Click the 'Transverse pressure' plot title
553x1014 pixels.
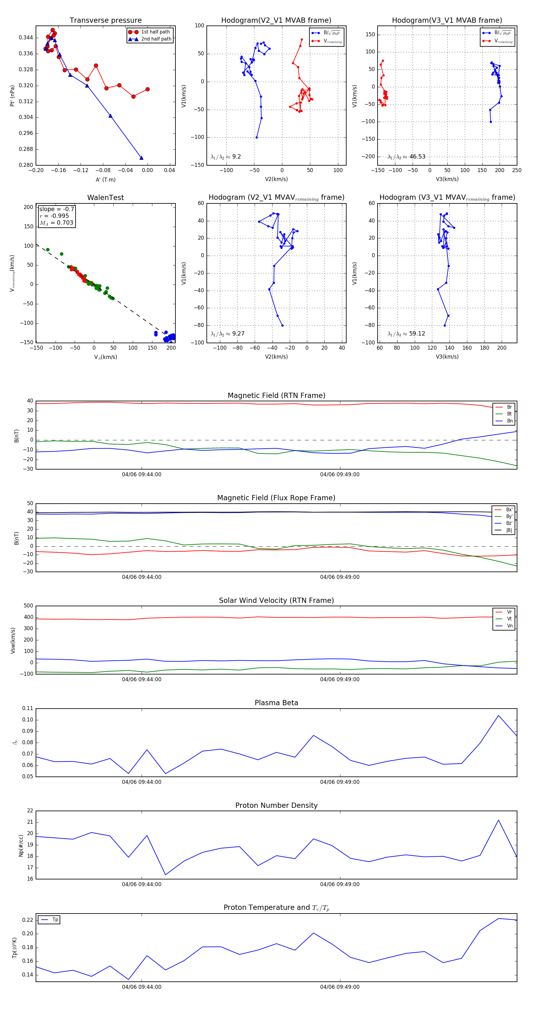click(x=105, y=21)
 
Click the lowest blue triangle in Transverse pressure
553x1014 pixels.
click(x=141, y=158)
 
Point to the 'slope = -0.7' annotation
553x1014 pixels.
click(x=56, y=209)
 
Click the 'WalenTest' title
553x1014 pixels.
click(x=105, y=198)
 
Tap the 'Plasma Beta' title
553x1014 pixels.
click(x=276, y=703)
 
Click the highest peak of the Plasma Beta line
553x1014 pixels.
click(x=498, y=716)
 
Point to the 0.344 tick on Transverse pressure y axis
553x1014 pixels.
click(x=26, y=38)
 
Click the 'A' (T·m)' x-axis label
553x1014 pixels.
click(x=105, y=179)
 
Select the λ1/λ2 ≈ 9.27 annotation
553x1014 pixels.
click(x=227, y=334)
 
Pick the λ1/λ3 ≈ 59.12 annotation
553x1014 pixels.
click(x=406, y=334)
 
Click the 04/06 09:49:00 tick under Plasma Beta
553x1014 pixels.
click(x=340, y=782)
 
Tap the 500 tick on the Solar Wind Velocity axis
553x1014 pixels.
click(x=28, y=606)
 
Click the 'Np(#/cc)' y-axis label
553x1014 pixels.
click(x=21, y=846)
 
